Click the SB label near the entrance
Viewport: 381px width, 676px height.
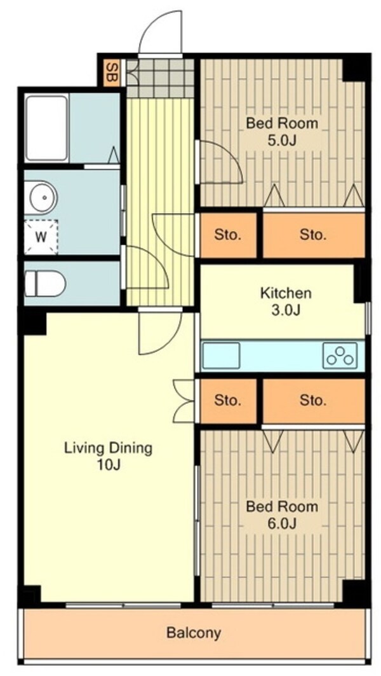[112, 72]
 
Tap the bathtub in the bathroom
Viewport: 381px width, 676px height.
[46, 128]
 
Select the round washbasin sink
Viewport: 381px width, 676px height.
[42, 197]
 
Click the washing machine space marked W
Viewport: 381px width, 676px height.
[41, 237]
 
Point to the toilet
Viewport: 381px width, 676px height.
[45, 284]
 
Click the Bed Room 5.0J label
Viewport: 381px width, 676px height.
[282, 132]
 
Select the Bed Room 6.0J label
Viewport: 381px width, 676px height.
[282, 514]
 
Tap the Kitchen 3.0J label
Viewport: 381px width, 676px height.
[285, 302]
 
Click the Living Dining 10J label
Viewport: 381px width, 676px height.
[109, 456]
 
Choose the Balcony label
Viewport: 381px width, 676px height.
[194, 633]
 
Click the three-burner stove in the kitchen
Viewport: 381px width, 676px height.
[340, 355]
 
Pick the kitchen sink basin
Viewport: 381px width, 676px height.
[221, 355]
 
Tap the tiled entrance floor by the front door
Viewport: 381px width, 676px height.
[160, 78]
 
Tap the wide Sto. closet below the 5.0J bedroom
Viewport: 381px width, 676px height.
[314, 235]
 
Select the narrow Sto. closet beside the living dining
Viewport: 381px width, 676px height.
[228, 401]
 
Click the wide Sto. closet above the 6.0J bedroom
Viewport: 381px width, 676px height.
[314, 401]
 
